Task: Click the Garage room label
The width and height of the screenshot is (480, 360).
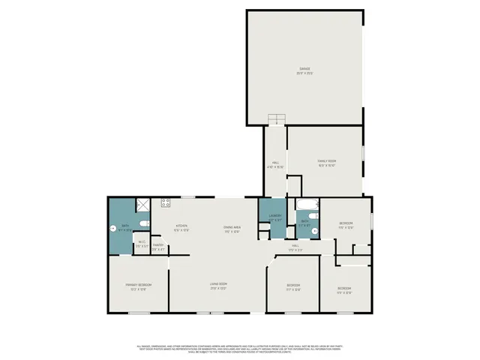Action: coord(304,71)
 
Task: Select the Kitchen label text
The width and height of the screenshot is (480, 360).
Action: coord(181,227)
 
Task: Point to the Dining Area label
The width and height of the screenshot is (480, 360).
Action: coord(231,229)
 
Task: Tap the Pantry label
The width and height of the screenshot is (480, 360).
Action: coord(158,246)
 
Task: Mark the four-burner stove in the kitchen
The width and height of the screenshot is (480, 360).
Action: coord(166,202)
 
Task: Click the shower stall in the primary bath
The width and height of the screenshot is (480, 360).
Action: coord(141,205)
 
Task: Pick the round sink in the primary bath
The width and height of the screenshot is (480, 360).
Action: coord(114,227)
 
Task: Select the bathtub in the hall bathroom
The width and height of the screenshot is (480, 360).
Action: coord(304,205)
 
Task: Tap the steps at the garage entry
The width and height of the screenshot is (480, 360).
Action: coord(277,118)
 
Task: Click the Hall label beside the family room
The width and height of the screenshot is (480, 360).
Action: coord(275,164)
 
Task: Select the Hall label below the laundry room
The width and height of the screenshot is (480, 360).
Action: coord(295,247)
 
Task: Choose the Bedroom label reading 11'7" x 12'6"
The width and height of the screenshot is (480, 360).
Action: coord(293,286)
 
